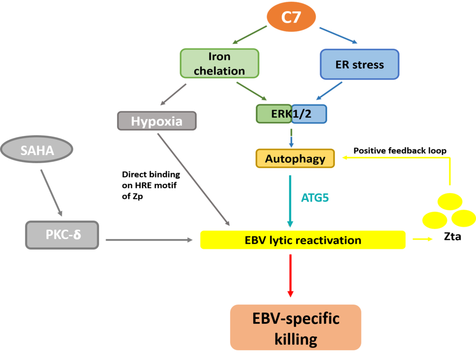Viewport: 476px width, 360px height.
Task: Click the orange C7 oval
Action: pyautogui.click(x=291, y=18)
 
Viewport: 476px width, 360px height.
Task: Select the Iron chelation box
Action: pyautogui.click(x=219, y=63)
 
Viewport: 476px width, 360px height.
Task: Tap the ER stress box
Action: pyautogui.click(x=359, y=65)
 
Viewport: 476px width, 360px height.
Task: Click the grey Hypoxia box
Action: pyautogui.click(x=157, y=121)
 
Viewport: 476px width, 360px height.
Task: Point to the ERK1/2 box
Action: pyautogui.click(x=291, y=114)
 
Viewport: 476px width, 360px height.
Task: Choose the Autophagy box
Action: pyautogui.click(x=295, y=159)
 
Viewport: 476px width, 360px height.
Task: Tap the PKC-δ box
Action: pyautogui.click(x=62, y=235)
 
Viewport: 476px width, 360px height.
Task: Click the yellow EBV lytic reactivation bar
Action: pyautogui.click(x=303, y=240)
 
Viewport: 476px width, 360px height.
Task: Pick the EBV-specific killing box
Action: pyautogui.click(x=295, y=327)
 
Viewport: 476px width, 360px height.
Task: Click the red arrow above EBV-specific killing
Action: pyautogui.click(x=291, y=276)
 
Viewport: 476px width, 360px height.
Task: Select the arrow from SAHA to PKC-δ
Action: pyautogui.click(x=52, y=193)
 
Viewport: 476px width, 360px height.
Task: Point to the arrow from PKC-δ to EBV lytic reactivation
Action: pyautogui.click(x=149, y=240)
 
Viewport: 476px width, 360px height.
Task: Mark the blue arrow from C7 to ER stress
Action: pyautogui.click(x=338, y=35)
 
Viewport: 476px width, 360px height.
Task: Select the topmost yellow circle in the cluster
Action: pyautogui.click(x=450, y=201)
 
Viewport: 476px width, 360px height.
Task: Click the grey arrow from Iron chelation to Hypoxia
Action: pyautogui.click(x=173, y=95)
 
